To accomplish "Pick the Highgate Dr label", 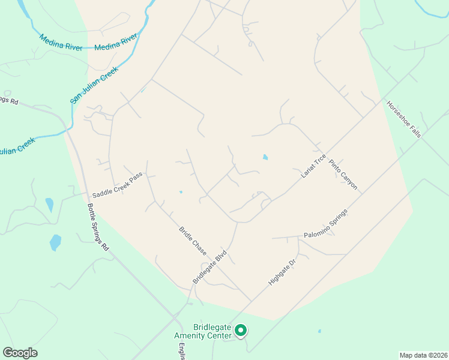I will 283,272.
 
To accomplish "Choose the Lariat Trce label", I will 313,166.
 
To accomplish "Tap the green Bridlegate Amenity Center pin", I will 241,330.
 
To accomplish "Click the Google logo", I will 20,353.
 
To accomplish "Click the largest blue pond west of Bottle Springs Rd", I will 55,242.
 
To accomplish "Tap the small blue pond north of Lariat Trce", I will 265,158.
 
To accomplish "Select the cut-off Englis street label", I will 181,350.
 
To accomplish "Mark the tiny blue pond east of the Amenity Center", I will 319,331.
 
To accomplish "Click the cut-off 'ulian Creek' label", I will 17,146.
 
